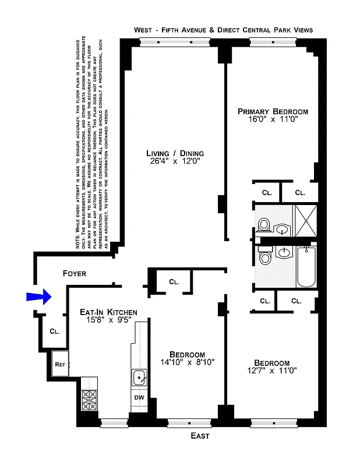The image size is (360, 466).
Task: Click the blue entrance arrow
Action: pyautogui.click(x=39, y=297)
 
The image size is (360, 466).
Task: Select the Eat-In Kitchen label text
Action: pyautogui.click(x=108, y=312)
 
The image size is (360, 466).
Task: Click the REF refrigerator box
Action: pyautogui.click(x=60, y=365)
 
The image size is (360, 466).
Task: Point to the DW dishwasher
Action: pyautogui.click(x=139, y=398)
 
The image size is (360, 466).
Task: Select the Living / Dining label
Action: pyautogui.click(x=175, y=154)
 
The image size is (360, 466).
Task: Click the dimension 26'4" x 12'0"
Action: pyautogui.click(x=175, y=163)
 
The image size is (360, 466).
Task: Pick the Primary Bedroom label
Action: pyautogui.click(x=273, y=111)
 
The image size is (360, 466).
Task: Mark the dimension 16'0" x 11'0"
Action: pyautogui.click(x=273, y=120)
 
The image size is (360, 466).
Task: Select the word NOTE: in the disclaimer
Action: pyautogui.click(x=78, y=240)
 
